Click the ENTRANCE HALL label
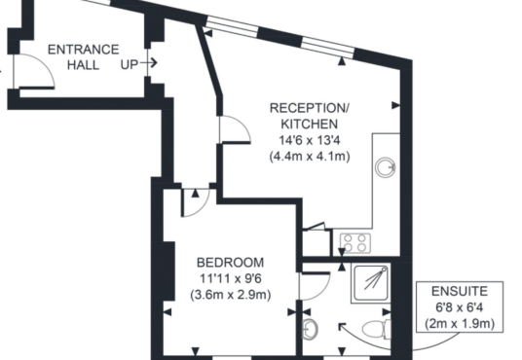coord(83,56)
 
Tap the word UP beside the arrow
coord(130,64)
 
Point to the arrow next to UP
coord(148,62)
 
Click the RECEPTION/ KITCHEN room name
coord(310,116)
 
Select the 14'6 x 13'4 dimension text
coord(310,140)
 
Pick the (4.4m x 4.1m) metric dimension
coord(310,156)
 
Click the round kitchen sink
coord(386,166)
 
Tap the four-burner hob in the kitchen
coord(355,242)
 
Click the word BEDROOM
coord(231,263)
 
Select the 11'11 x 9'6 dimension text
coord(231,278)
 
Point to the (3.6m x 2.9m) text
coord(231,295)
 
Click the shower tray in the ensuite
coord(371,283)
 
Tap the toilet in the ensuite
coord(377,329)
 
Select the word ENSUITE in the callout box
coord(460,292)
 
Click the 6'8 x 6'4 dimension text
coord(460,307)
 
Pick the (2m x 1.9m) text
coord(460,323)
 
